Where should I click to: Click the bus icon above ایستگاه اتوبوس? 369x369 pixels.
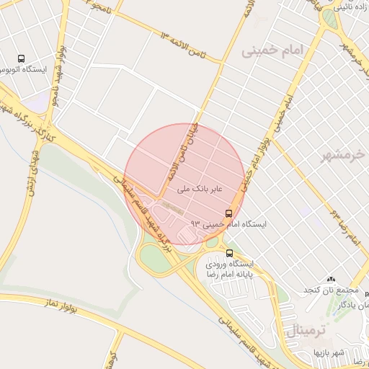[20, 58]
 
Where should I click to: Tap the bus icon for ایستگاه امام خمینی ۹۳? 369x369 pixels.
[229, 213]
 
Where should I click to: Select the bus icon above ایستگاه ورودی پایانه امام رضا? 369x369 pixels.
[229, 253]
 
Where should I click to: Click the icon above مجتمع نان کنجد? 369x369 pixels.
[331, 279]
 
